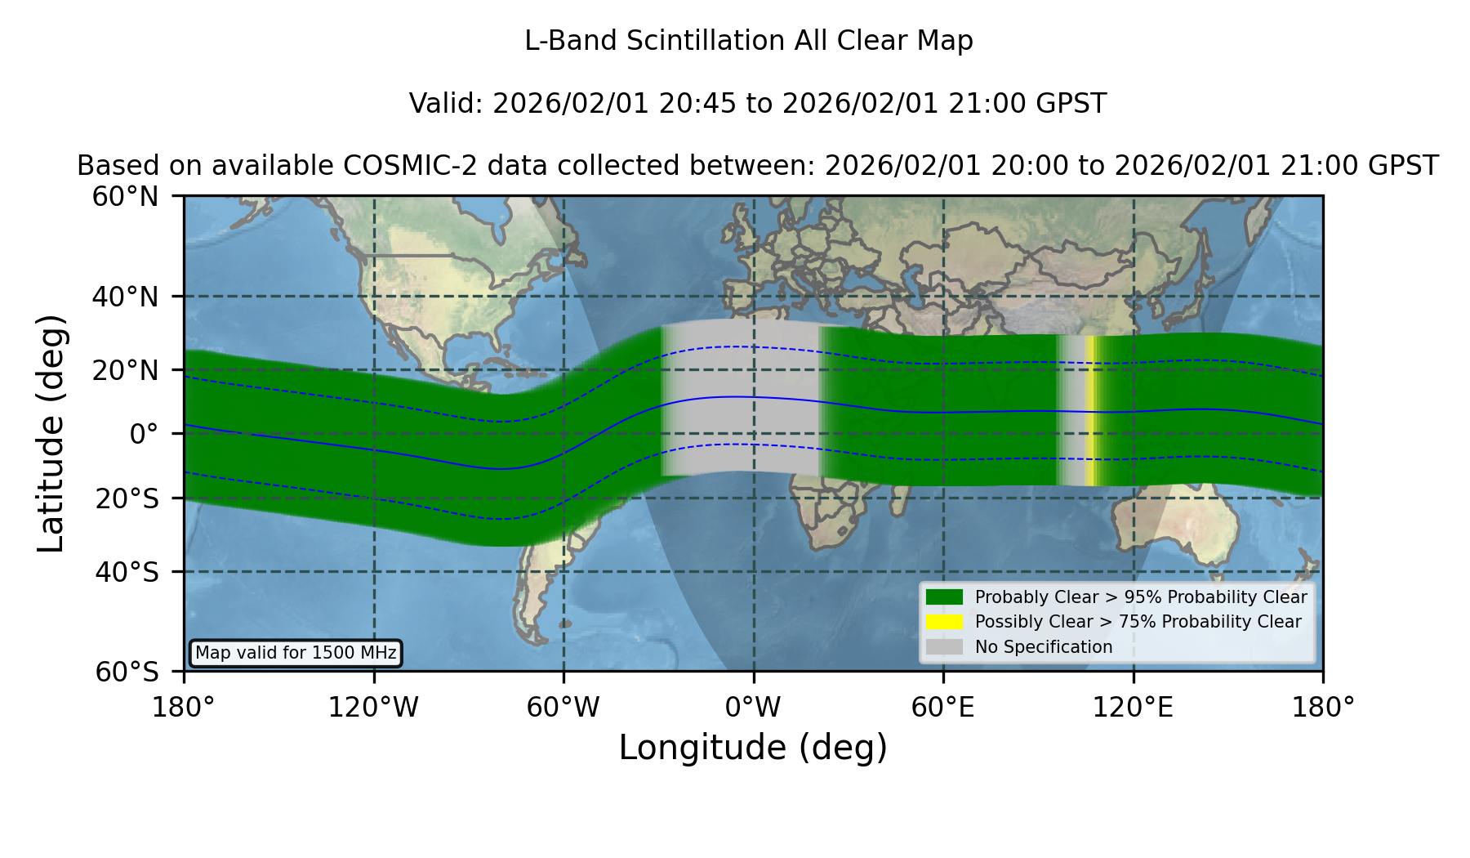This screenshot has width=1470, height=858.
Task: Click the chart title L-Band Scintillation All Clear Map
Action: tap(749, 41)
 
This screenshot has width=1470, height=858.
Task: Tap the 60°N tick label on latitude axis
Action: tap(126, 197)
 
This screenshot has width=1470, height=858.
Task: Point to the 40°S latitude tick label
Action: tap(127, 572)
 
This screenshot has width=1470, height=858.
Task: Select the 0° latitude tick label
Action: tap(144, 434)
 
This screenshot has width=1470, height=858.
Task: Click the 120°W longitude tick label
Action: tap(373, 708)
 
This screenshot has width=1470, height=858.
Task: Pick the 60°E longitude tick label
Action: tap(943, 708)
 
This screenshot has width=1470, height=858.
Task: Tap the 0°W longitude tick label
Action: tap(753, 708)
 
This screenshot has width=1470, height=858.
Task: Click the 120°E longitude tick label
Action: tap(1133, 708)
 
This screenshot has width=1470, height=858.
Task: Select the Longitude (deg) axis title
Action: tap(753, 748)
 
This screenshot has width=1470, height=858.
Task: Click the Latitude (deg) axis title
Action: tap(51, 433)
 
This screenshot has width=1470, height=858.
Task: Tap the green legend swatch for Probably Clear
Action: tap(945, 597)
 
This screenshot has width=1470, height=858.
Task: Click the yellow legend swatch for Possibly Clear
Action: tap(945, 622)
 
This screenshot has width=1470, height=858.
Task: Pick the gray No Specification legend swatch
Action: tap(945, 647)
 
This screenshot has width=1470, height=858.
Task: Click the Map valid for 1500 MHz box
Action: tap(296, 653)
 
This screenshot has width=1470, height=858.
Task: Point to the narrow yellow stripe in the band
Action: tap(1090, 411)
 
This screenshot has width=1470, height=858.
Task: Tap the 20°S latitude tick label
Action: tap(127, 498)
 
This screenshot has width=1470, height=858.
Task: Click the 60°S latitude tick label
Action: tap(127, 672)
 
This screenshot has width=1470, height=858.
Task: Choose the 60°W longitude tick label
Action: tap(563, 708)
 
